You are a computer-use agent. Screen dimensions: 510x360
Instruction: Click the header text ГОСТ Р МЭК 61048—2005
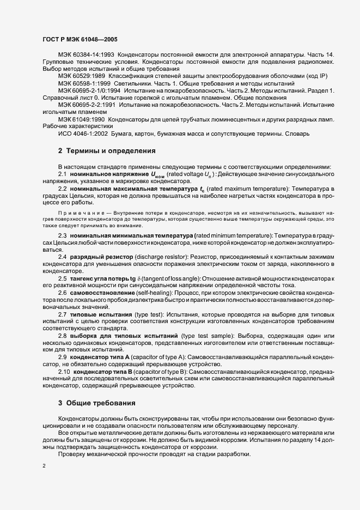[80, 40]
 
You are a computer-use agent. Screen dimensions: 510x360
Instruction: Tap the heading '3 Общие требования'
[97, 403]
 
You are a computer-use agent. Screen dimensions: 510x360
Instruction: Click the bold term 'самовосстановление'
[103, 293]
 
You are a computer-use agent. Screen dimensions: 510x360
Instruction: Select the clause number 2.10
[64, 371]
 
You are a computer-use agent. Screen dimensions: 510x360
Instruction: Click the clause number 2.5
[63, 278]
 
